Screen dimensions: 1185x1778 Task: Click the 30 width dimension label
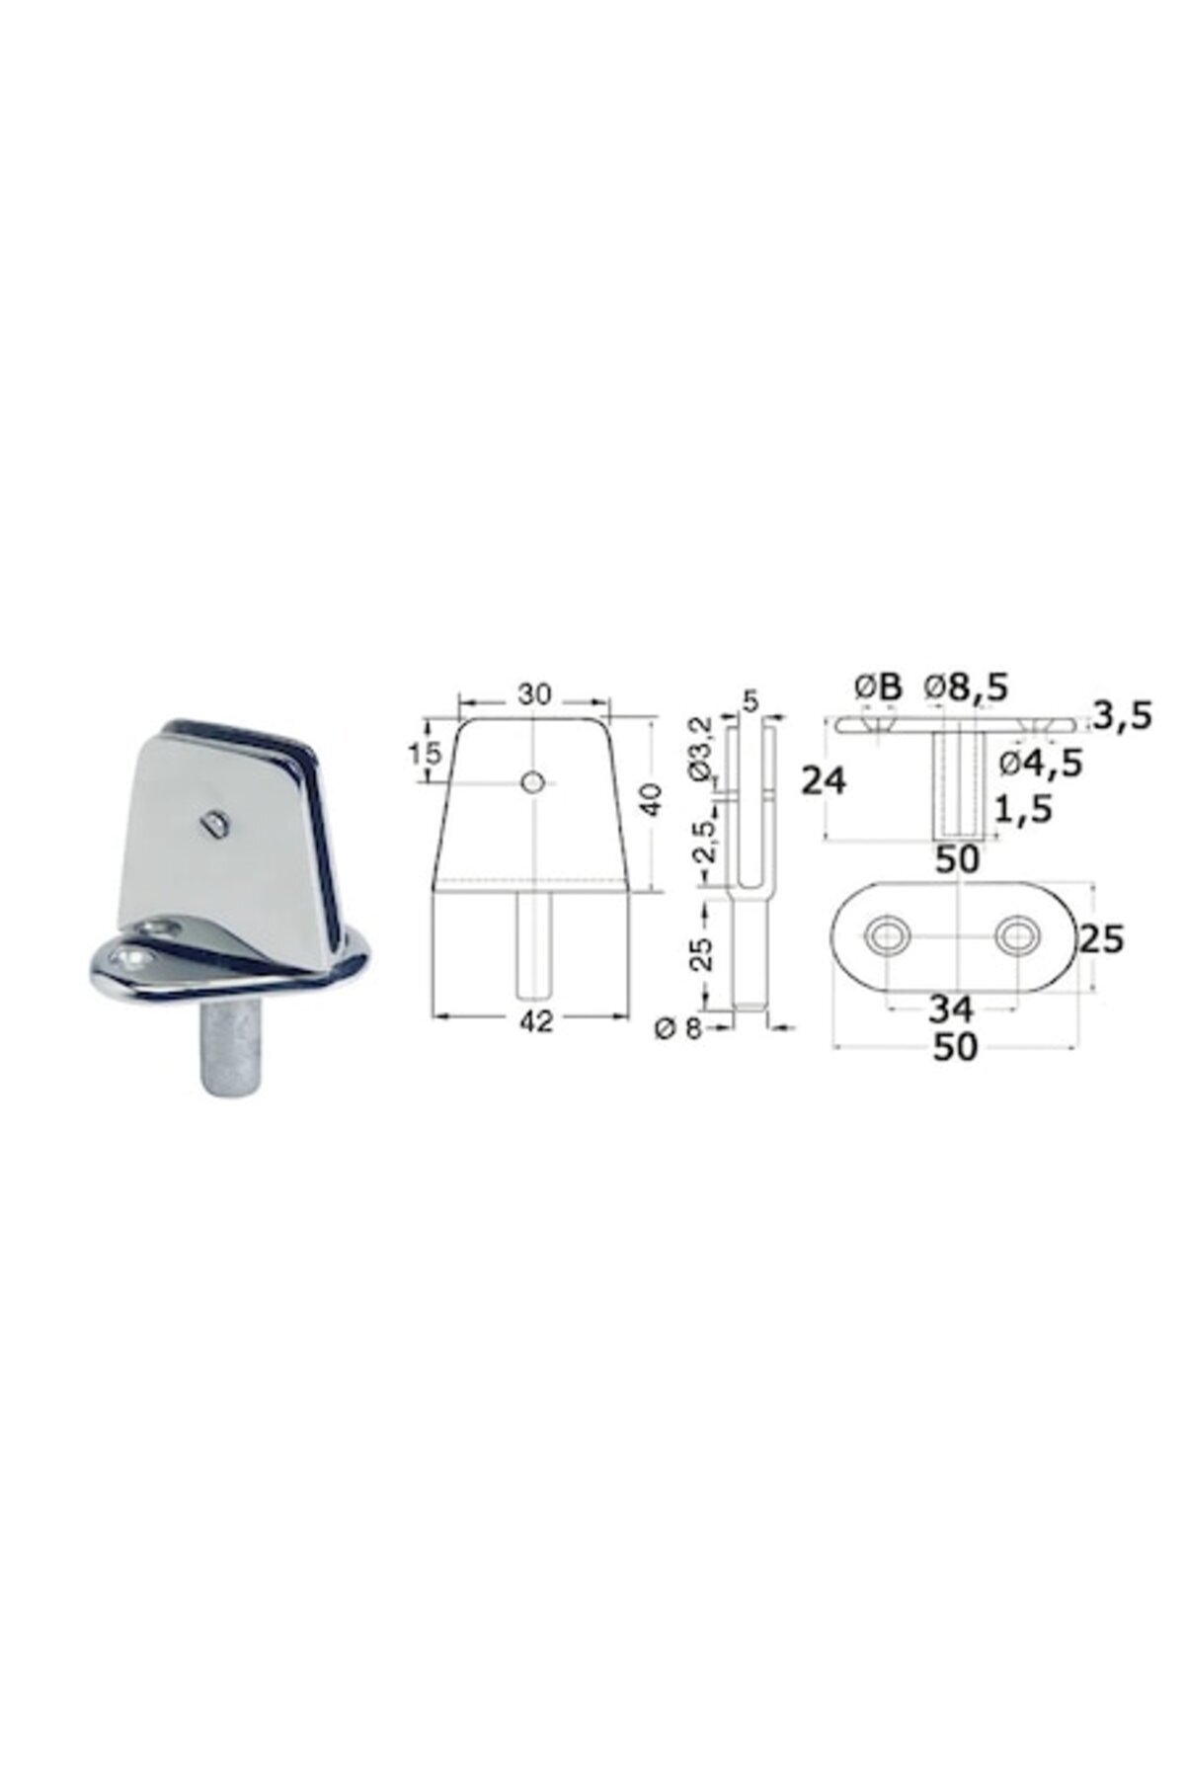point(534,693)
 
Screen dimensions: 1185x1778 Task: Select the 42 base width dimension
point(534,1024)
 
